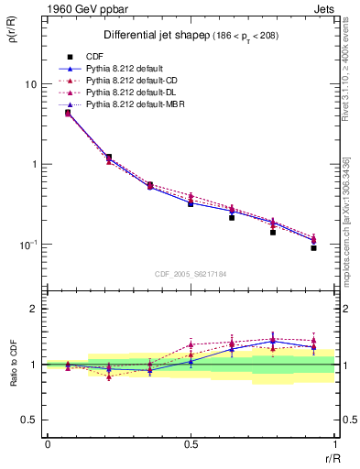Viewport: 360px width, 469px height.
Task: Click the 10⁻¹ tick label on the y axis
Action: pos(27,245)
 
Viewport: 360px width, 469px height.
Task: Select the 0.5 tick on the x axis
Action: pos(191,444)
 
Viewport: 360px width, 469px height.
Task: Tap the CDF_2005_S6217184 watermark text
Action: pos(191,272)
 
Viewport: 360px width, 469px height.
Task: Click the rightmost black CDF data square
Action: pos(313,248)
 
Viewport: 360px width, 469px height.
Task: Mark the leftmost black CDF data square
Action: pos(68,113)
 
